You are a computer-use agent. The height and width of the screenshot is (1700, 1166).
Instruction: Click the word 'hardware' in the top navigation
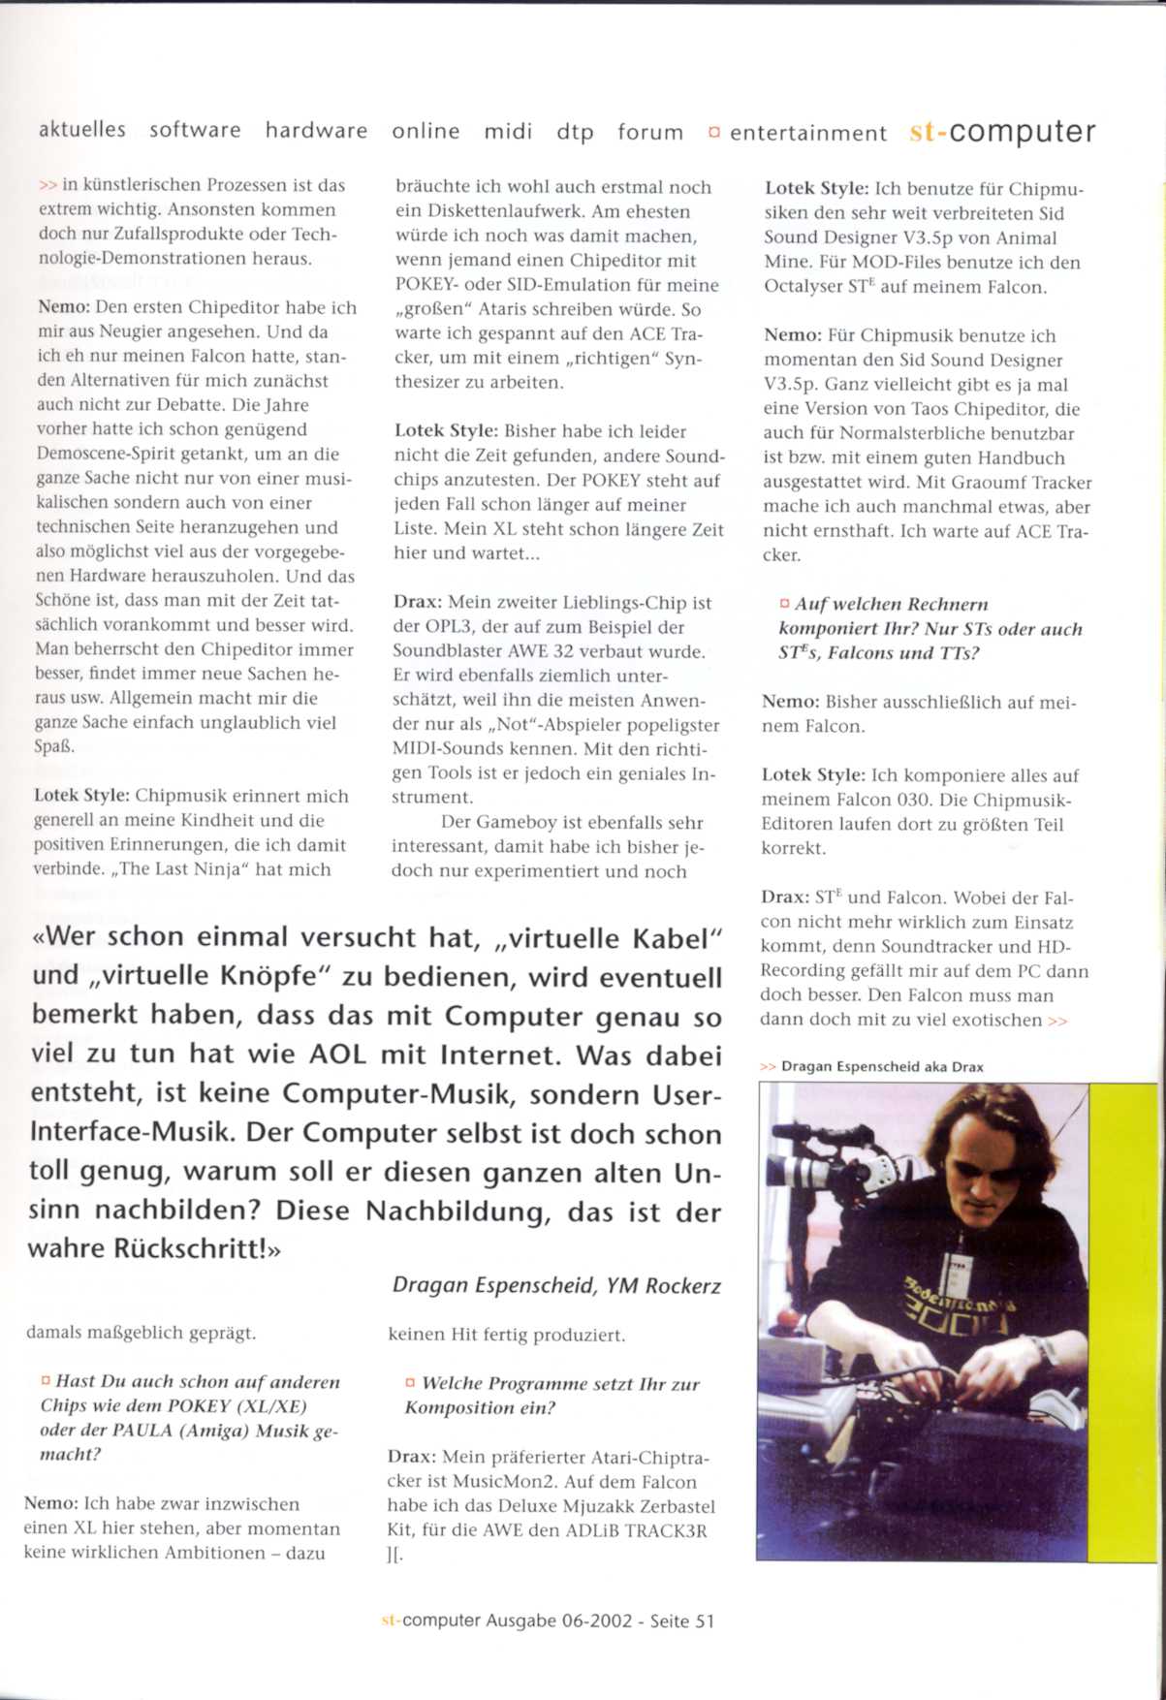[x=316, y=130]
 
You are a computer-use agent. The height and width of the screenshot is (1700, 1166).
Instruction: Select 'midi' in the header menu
[x=508, y=131]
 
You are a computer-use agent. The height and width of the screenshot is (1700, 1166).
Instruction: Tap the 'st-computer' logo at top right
[x=1002, y=132]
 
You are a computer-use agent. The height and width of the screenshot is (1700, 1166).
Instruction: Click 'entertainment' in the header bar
[x=807, y=133]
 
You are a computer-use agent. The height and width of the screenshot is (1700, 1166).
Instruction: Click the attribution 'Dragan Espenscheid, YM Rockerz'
[x=556, y=1286]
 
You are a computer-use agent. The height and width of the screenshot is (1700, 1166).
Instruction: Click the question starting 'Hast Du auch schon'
[x=190, y=1418]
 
